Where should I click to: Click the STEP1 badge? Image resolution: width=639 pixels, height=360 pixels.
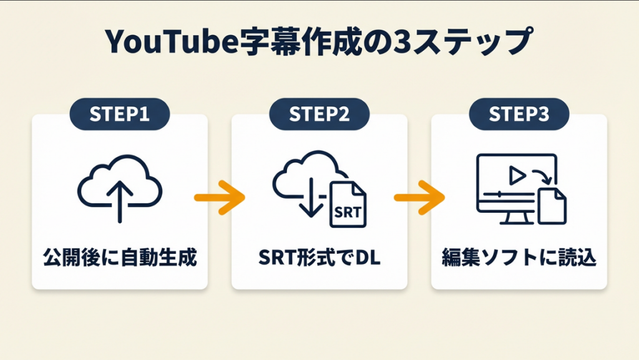click(x=120, y=114)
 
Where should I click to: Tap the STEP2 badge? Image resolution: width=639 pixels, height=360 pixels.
click(x=319, y=114)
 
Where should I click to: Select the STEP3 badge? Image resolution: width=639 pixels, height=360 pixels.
click(x=519, y=114)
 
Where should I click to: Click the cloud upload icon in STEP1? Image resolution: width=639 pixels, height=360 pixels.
click(x=120, y=184)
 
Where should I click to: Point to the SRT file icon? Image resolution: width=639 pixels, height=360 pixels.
click(x=348, y=205)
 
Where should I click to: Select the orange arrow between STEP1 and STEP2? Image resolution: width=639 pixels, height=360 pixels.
click(x=219, y=198)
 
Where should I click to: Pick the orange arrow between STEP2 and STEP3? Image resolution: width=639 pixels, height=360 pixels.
click(x=419, y=198)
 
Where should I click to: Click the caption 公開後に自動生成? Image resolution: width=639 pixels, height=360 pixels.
click(x=120, y=257)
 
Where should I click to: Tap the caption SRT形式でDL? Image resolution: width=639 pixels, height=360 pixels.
click(x=319, y=257)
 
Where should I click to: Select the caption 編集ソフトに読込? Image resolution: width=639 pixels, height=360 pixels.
click(x=519, y=257)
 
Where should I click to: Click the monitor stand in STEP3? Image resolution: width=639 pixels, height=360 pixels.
click(x=506, y=218)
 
